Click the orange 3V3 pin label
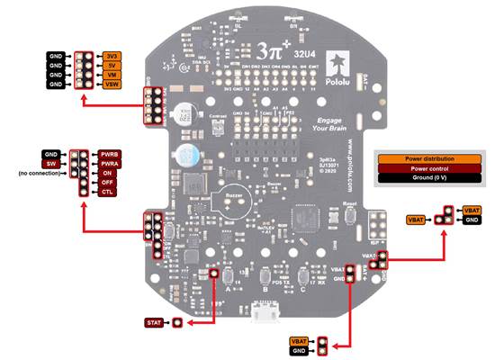click(x=111, y=56)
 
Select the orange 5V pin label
click(x=111, y=66)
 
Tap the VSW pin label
click(x=111, y=85)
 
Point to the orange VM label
click(x=111, y=75)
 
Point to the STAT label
click(x=154, y=322)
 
